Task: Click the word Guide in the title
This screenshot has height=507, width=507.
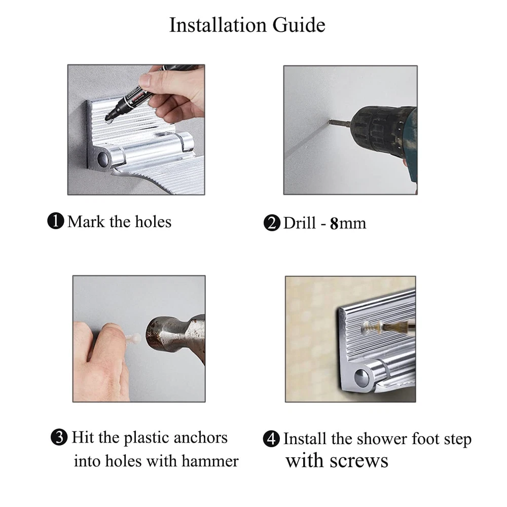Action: tap(299, 25)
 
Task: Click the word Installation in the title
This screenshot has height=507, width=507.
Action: tap(218, 25)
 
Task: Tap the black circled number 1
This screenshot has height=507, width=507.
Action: tap(56, 221)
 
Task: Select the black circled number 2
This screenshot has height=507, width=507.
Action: tap(272, 223)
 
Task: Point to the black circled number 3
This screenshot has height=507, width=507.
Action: tap(59, 437)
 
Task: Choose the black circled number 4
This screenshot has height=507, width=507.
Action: tap(271, 439)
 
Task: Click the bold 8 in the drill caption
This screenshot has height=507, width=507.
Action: tap(334, 224)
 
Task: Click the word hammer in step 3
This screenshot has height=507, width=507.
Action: tap(210, 461)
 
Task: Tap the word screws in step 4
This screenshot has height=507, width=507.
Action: tap(359, 461)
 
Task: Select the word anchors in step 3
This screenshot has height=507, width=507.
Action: tap(200, 438)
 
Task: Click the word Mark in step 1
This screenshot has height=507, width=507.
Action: tap(86, 222)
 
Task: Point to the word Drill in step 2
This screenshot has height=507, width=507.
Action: tap(300, 223)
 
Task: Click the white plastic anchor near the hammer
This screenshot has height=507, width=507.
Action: tap(134, 339)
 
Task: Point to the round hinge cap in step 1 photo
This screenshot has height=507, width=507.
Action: tap(104, 158)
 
